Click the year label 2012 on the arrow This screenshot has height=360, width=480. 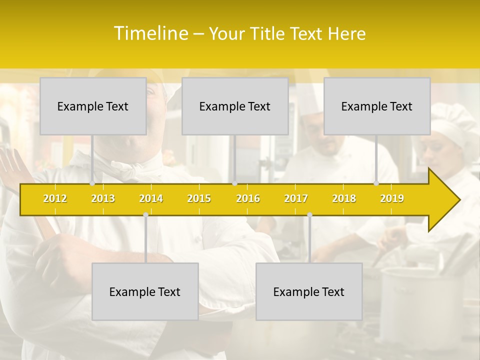click(55, 198)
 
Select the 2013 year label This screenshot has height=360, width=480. click(103, 198)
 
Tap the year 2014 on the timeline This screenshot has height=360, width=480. click(151, 198)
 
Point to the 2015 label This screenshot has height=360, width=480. click(199, 198)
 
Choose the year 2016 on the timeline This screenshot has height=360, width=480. click(248, 198)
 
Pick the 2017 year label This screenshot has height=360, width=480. click(296, 198)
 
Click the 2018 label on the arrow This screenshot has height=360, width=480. click(344, 198)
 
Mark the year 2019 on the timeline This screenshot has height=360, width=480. click(392, 198)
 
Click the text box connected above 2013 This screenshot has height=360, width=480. click(93, 106)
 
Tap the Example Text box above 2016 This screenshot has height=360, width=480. click(235, 106)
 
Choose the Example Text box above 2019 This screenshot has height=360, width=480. click(377, 106)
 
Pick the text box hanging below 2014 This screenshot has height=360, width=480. click(145, 291)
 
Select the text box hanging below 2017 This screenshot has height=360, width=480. click(309, 291)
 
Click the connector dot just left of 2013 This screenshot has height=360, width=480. click(92, 183)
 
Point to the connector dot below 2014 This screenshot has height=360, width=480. click(145, 215)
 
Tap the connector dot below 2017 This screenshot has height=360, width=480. click(309, 215)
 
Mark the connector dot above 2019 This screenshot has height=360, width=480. click(376, 183)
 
